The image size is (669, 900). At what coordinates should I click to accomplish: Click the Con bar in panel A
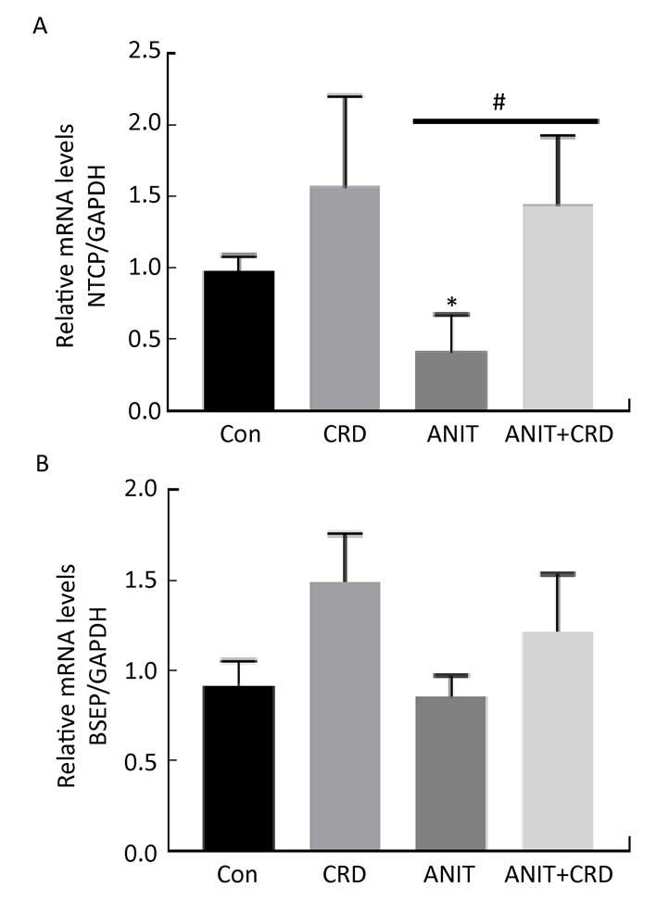(x=239, y=341)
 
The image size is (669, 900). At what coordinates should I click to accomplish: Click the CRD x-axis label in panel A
(x=345, y=434)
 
